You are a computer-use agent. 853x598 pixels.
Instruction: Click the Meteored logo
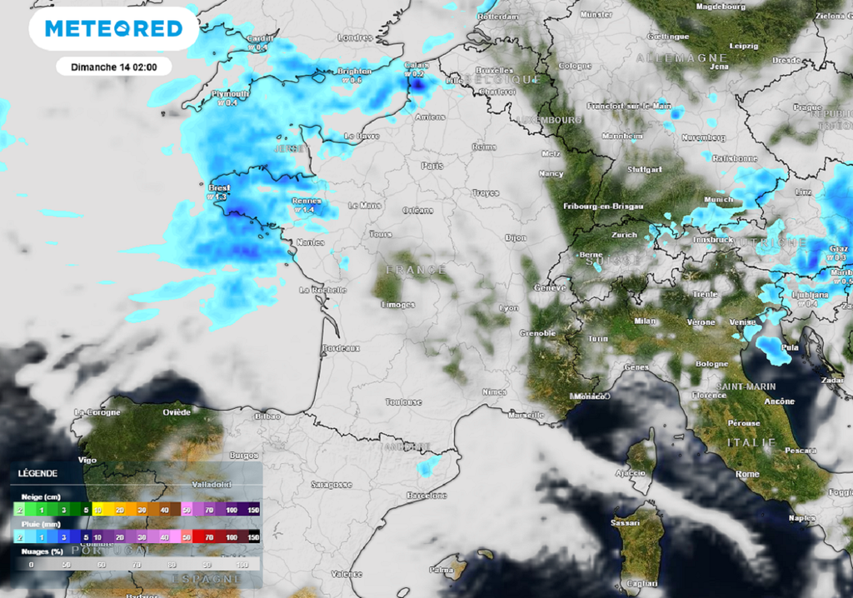point(113,29)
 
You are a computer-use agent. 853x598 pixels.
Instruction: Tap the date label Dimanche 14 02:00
point(114,67)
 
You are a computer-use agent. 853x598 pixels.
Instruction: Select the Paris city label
point(432,166)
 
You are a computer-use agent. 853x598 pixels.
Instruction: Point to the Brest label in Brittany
point(218,188)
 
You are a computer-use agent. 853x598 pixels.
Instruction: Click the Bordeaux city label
point(341,347)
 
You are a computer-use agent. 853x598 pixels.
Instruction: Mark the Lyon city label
point(508,308)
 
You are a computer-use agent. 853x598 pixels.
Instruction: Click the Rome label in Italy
point(747,474)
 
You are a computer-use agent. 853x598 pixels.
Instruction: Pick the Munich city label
point(718,200)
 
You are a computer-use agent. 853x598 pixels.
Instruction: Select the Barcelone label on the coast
point(426,496)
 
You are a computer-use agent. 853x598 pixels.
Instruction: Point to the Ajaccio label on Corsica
point(631,473)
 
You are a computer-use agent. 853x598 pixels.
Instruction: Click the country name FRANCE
point(416,270)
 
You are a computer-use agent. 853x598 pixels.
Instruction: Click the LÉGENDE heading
point(37,473)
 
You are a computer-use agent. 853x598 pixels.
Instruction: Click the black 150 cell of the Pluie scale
point(253,538)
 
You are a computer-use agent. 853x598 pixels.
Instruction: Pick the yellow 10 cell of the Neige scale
point(97,509)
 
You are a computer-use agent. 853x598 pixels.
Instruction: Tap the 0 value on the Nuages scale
point(31,564)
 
